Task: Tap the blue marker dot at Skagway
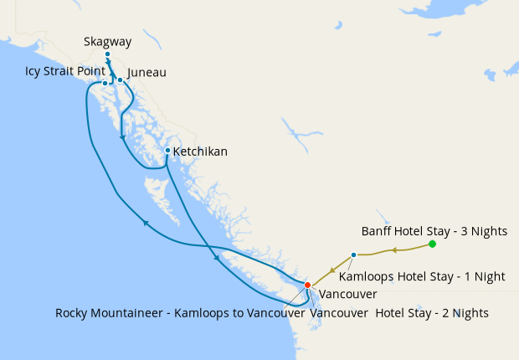click(x=107, y=54)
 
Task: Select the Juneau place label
click(x=147, y=73)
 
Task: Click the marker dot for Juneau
click(x=120, y=80)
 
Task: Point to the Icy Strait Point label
click(x=65, y=72)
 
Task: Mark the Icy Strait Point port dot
click(x=105, y=83)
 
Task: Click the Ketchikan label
click(x=200, y=152)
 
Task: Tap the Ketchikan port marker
click(x=167, y=151)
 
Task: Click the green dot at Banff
click(x=432, y=244)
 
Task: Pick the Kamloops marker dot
click(x=353, y=255)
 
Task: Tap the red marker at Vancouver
click(x=307, y=285)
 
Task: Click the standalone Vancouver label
click(x=348, y=295)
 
